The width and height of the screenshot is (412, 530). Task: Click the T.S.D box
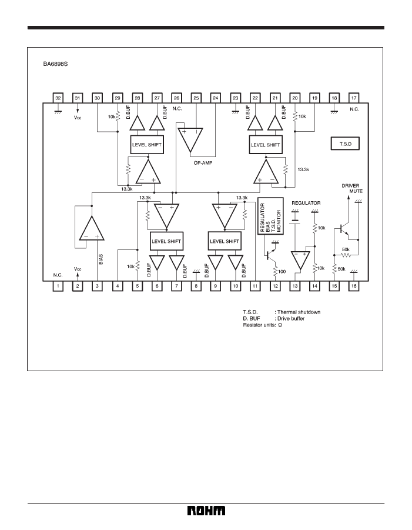pos(345,144)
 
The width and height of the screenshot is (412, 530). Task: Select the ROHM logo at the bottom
pos(206,511)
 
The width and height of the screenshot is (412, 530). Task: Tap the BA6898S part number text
pos(55,64)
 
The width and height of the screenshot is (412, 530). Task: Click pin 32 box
pos(58,98)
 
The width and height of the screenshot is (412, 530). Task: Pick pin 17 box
pos(354,98)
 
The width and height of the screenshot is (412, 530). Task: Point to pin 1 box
pos(58,286)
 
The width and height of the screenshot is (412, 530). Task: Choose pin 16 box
pos(354,286)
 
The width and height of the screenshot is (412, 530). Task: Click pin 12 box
pos(275,286)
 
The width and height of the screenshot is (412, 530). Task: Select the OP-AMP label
pos(203,163)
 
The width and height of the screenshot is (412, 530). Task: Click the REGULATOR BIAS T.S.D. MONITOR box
pos(270,216)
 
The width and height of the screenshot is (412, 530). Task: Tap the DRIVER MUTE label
pos(352,188)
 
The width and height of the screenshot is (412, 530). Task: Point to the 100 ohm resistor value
pos(282,271)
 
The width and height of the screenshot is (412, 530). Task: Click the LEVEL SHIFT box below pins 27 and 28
pos(147,145)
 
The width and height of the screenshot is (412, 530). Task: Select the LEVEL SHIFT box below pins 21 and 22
pos(266,145)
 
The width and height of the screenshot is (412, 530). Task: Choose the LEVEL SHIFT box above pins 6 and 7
pos(166,241)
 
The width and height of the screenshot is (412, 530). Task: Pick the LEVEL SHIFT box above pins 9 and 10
pos(225,241)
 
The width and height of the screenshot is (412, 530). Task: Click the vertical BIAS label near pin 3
pos(101,259)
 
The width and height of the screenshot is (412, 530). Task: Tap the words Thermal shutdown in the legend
pos(299,312)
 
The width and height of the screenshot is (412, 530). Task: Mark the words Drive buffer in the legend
pos(291,318)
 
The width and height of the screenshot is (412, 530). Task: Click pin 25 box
pos(196,98)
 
